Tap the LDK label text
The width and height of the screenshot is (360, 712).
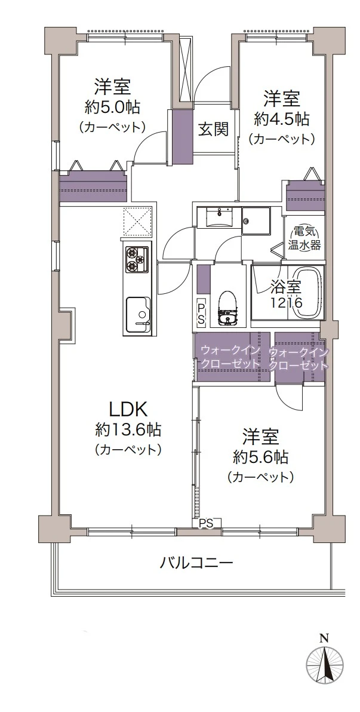128,410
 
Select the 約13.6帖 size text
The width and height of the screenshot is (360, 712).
128,429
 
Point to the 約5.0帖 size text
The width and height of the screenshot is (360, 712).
112,107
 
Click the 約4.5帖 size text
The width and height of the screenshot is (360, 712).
282,119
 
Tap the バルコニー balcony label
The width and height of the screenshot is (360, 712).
196,563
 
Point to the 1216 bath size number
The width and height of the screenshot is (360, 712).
287,302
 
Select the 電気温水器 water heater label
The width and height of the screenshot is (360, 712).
304,239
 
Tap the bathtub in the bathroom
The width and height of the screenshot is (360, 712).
308,291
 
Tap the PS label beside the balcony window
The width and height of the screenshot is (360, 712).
206,523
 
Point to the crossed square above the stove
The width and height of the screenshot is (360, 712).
137,221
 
